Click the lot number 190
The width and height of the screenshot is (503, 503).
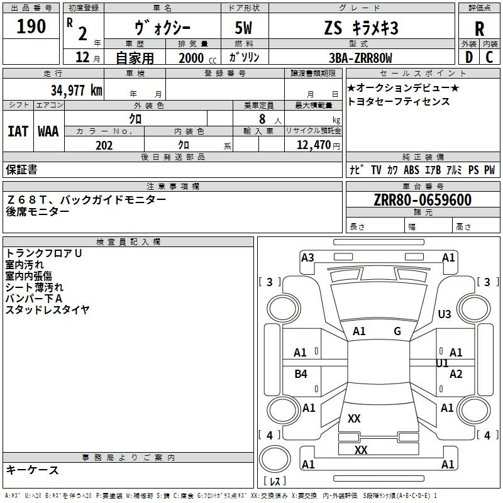tap(31, 26)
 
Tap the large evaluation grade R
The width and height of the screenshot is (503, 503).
tap(479, 28)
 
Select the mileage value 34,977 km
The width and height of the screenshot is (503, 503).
tap(76, 90)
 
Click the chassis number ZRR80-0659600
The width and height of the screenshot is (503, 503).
tap(422, 200)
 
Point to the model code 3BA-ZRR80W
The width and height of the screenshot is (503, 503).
tap(360, 58)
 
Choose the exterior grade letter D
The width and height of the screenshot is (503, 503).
tap(468, 57)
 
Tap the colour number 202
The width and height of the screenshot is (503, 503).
tap(104, 145)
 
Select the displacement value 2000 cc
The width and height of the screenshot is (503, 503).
tap(196, 58)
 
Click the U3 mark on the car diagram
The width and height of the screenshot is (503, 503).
tap(445, 314)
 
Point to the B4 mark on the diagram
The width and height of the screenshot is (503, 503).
tap(301, 374)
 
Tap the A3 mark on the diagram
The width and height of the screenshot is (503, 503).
tap(307, 257)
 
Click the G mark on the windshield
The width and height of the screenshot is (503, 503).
tap(397, 331)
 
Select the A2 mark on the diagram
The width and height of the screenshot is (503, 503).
tap(456, 374)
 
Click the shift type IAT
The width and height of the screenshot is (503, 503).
tap(18, 131)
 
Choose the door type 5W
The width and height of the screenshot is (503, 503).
tap(245, 28)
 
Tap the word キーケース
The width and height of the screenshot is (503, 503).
tap(32, 470)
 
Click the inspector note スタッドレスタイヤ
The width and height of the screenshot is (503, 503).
tap(47, 309)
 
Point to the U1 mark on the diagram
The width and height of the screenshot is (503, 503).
tap(442, 363)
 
